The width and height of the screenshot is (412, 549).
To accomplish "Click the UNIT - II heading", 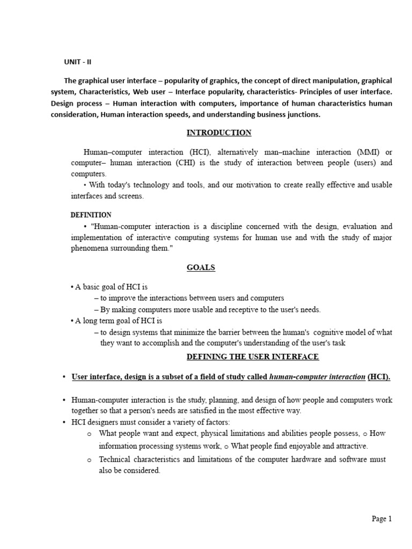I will [x=78, y=62].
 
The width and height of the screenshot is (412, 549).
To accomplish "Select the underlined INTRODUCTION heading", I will [x=219, y=132].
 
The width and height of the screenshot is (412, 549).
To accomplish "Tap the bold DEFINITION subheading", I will [x=91, y=214].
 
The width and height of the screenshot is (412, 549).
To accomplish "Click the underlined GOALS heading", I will [x=201, y=268].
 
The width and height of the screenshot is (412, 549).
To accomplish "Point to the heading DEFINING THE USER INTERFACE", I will [x=252, y=357].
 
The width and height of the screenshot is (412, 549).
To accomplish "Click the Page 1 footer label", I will [x=382, y=518].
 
